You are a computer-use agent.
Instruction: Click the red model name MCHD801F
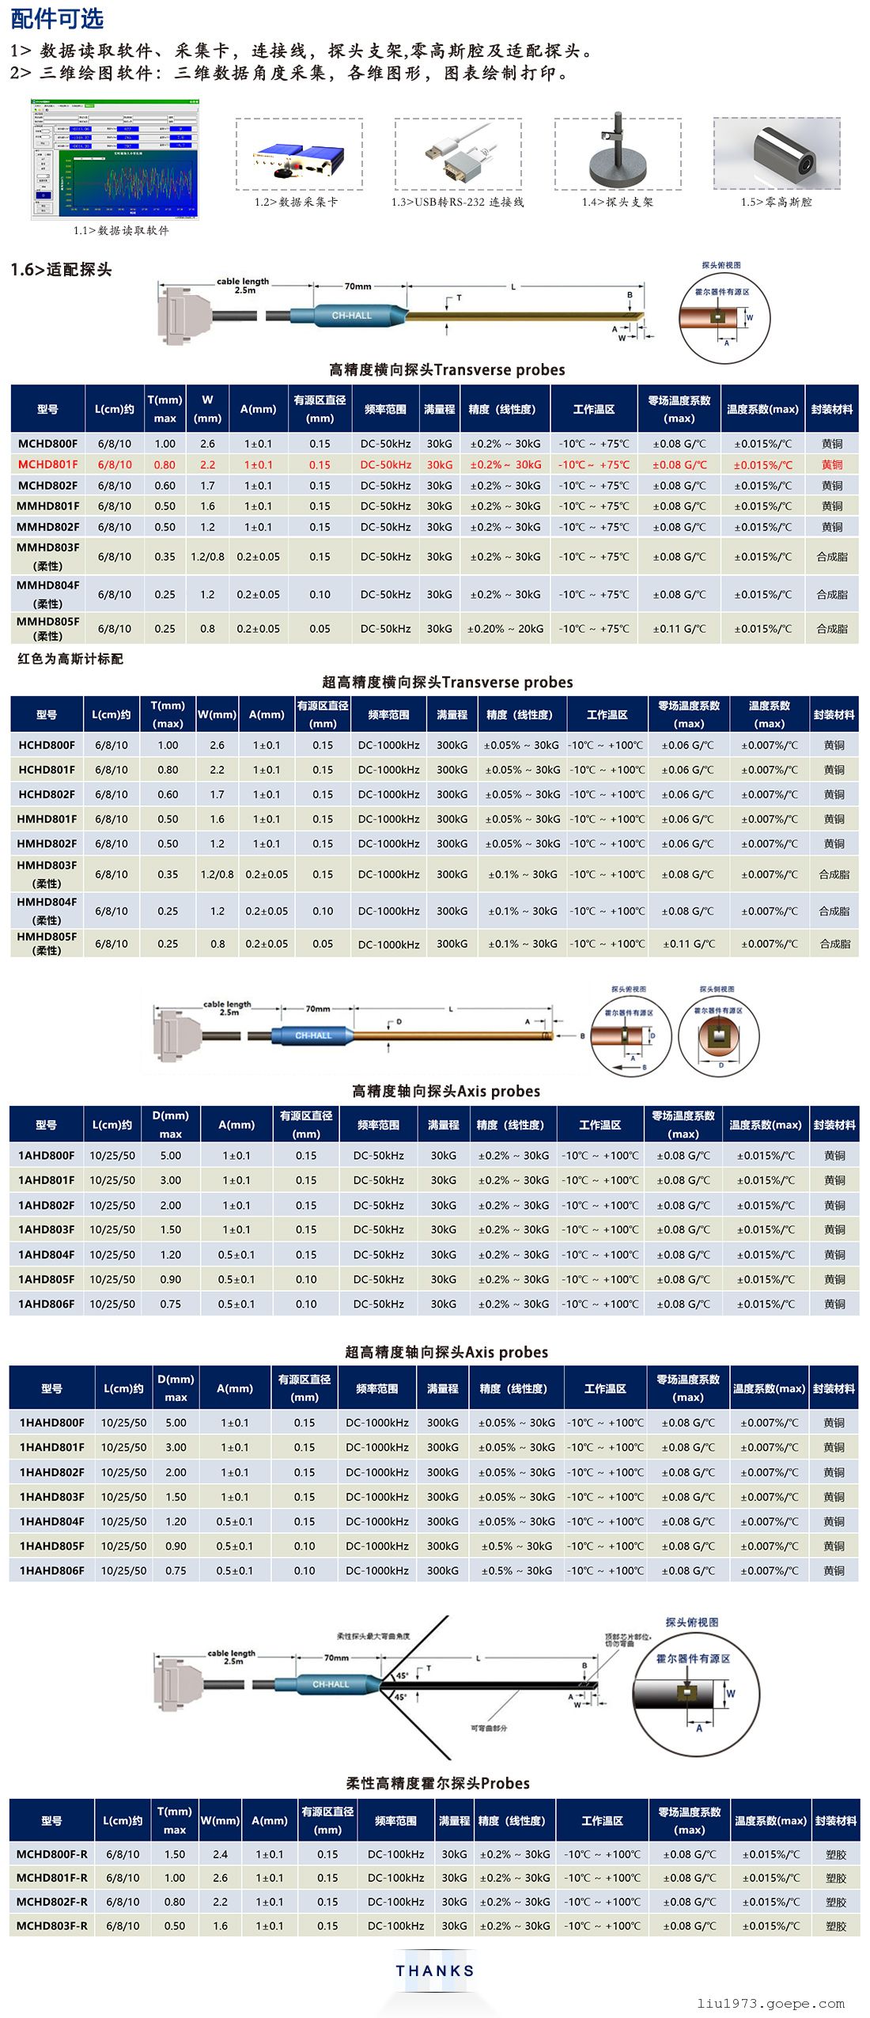click(x=47, y=464)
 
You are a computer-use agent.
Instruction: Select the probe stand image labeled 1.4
click(x=617, y=155)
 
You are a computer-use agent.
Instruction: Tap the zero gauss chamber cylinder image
click(x=777, y=155)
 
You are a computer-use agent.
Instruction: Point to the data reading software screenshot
click(x=115, y=161)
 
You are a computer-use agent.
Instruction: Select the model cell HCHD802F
click(x=47, y=794)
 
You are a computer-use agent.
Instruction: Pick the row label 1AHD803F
click(x=46, y=1229)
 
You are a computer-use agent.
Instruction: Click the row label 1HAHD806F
click(x=51, y=1570)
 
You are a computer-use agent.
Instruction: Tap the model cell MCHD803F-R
click(x=52, y=1925)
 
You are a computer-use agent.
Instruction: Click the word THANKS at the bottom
click(x=435, y=1971)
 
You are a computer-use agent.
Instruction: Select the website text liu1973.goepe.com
click(x=770, y=2003)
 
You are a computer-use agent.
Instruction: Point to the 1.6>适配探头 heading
click(x=61, y=269)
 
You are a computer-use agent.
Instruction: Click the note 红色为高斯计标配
click(x=70, y=658)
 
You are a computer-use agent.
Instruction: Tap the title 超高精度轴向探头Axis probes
click(x=446, y=1352)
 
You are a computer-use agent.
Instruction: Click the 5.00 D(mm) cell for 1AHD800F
click(x=171, y=1156)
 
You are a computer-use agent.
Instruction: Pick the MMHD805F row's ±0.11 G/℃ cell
click(x=679, y=629)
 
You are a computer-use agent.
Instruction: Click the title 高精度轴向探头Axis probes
click(x=446, y=1091)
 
